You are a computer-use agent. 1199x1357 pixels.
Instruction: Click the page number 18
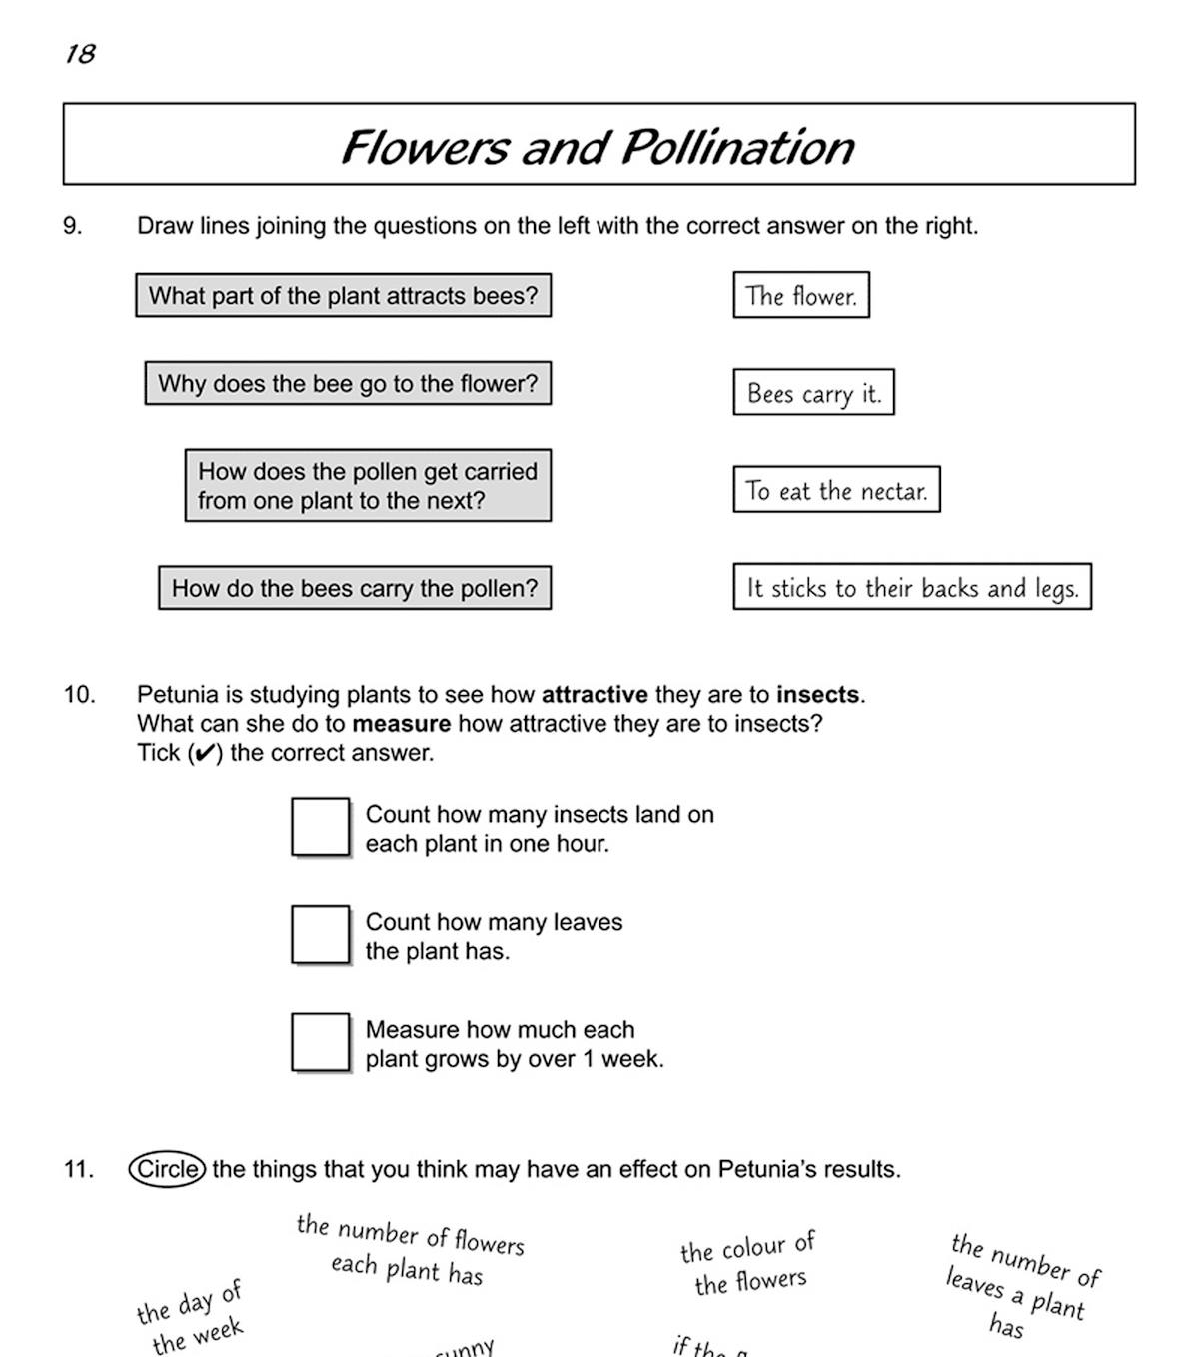pyautogui.click(x=81, y=54)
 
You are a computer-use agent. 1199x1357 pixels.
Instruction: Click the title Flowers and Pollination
pyautogui.click(x=598, y=147)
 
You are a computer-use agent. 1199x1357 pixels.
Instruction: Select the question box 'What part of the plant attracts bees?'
pyautogui.click(x=343, y=296)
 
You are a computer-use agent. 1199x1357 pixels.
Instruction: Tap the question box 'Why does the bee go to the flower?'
pyautogui.click(x=348, y=384)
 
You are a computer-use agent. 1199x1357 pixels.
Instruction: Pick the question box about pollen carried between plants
pyautogui.click(x=368, y=486)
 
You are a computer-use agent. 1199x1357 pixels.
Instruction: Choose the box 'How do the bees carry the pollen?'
pyautogui.click(x=355, y=588)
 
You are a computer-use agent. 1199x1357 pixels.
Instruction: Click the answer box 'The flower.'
pyautogui.click(x=801, y=296)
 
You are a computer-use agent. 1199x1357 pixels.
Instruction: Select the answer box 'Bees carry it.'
pyautogui.click(x=813, y=393)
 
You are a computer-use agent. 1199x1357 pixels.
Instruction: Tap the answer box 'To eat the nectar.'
pyautogui.click(x=836, y=490)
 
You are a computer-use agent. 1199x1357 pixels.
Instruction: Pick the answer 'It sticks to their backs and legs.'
pyautogui.click(x=912, y=587)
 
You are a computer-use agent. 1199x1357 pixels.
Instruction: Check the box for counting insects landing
pyautogui.click(x=321, y=827)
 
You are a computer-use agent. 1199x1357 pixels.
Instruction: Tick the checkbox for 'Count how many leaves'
pyautogui.click(x=321, y=935)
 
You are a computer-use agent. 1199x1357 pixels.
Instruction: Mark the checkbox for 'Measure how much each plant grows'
pyautogui.click(x=321, y=1042)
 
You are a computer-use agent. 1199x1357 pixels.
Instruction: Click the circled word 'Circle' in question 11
pyautogui.click(x=168, y=1169)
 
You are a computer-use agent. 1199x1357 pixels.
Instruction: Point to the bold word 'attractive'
pyautogui.click(x=595, y=695)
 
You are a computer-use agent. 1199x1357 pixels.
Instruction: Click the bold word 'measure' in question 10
pyautogui.click(x=401, y=724)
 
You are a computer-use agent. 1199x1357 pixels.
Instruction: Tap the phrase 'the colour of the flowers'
pyautogui.click(x=749, y=1264)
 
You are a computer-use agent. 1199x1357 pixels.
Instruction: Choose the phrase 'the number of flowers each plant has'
pyautogui.click(x=410, y=1250)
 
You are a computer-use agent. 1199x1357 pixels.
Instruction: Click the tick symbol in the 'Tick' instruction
pyautogui.click(x=203, y=754)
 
